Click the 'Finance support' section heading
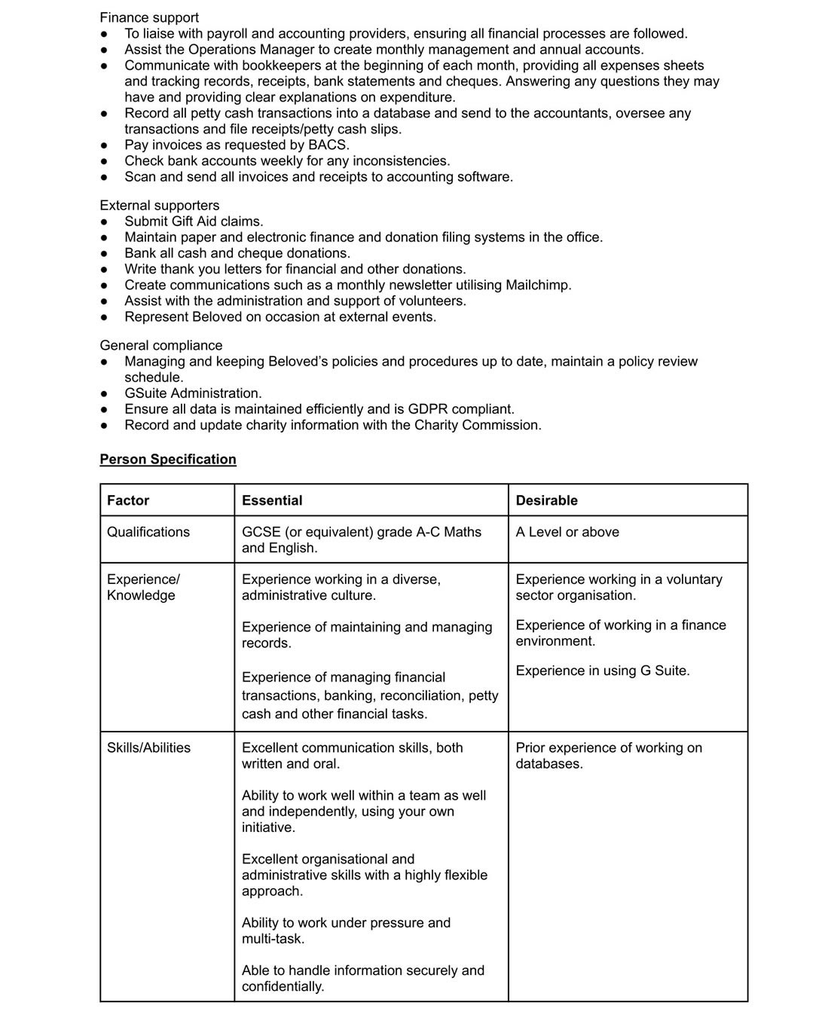tap(149, 17)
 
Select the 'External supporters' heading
tap(160, 205)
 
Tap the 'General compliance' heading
tap(161, 345)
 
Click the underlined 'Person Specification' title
tap(168, 459)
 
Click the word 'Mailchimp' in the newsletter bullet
tap(538, 285)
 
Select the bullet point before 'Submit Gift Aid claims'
tap(105, 222)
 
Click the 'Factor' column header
tap(128, 500)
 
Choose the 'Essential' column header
tap(272, 500)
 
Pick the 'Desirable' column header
tap(546, 500)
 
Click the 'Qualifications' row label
tap(148, 532)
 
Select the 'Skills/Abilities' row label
tap(148, 747)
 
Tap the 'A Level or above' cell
tap(567, 532)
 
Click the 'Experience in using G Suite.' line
tap(603, 671)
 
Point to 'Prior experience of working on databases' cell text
tap(608, 755)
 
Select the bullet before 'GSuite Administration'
tap(105, 393)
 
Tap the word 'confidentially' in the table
tap(283, 986)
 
